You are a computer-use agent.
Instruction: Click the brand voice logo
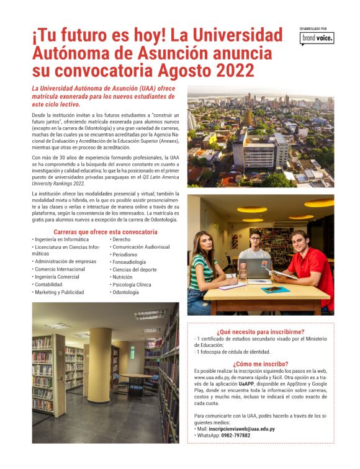[317, 38]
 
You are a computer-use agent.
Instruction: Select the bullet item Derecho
[122, 239]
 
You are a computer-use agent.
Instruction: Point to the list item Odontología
[126, 292]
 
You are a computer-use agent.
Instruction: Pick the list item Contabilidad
[49, 284]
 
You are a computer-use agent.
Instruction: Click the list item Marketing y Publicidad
[60, 292]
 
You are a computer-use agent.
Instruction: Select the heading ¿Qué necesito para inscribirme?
[261, 331]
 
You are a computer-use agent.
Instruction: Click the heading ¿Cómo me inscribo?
[261, 364]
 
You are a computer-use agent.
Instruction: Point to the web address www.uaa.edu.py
[214, 377]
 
